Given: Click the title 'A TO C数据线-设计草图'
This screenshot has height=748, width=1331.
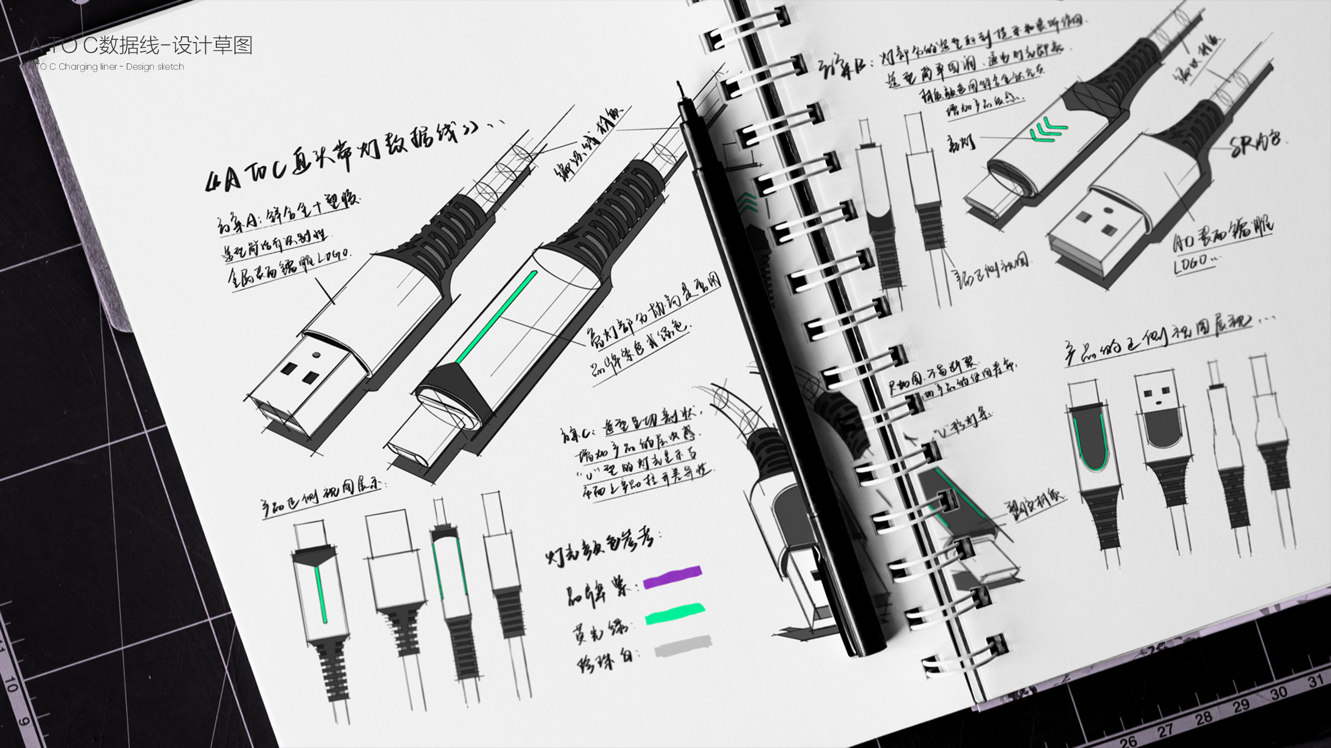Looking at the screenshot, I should (x=140, y=46).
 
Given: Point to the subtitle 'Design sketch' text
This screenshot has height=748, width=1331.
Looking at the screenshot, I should (x=155, y=67).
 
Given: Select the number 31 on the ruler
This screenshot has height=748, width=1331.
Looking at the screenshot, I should (x=1315, y=681).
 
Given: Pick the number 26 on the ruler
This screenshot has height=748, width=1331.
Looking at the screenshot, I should (x=1128, y=740).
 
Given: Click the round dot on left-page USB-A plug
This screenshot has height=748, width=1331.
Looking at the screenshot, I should (x=316, y=355).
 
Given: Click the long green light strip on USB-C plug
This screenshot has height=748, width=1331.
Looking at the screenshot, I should (x=497, y=317).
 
